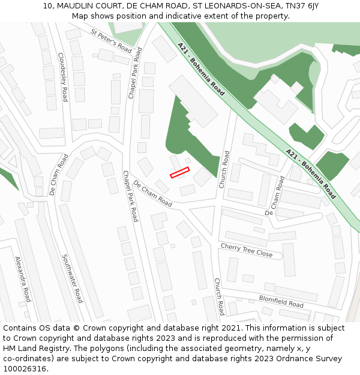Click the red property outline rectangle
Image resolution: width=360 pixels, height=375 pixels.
coord(179,173)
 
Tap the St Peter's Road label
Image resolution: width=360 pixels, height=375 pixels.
coord(111,40)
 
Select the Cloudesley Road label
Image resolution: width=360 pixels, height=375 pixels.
coord(62,77)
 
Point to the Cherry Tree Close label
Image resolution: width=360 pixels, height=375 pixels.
coord(247,250)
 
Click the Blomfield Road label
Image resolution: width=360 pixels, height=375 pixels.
coord(281,301)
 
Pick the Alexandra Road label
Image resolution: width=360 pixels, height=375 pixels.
coord(22,279)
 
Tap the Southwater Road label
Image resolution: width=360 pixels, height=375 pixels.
coord(72,278)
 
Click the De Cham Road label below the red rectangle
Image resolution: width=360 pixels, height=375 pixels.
coord(152,194)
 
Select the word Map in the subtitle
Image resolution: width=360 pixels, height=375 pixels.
coord(80,16)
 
